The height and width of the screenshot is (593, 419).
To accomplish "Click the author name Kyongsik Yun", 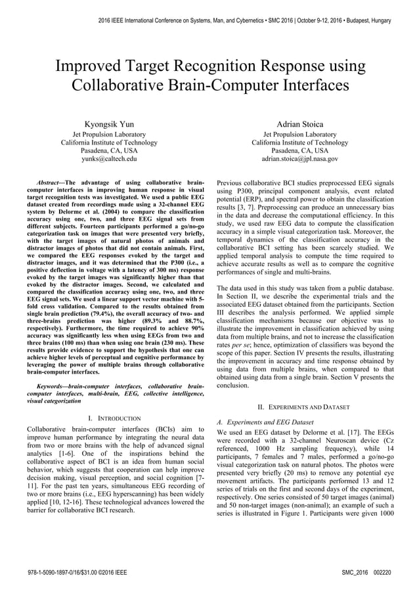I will pyautogui.click(x=108, y=123).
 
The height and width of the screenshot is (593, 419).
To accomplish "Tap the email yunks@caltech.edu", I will pyautogui.click(x=109, y=159).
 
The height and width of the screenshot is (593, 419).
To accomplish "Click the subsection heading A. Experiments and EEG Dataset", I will pyautogui.click(x=265, y=422).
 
